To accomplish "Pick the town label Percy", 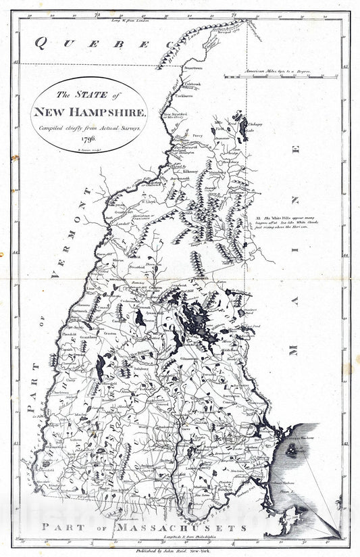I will pos(198,136).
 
